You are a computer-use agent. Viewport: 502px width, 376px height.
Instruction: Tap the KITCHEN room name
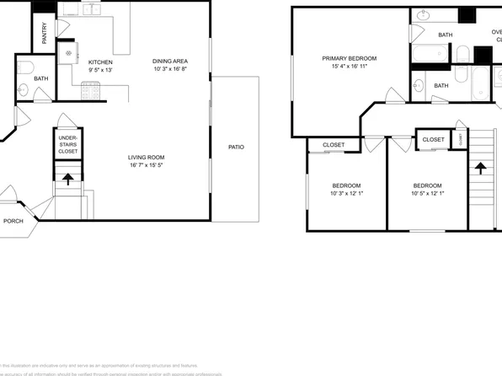tap(100, 62)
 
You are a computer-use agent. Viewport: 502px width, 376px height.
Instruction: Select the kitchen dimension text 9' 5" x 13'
tap(100, 71)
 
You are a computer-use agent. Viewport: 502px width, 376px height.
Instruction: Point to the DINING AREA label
tap(170, 61)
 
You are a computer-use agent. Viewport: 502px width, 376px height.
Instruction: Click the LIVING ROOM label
tap(146, 158)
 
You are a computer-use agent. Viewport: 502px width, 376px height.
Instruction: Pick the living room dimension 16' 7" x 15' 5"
tap(146, 166)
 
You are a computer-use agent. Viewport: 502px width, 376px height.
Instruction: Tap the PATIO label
tap(236, 148)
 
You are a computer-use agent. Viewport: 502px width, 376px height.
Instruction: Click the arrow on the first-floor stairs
tap(68, 178)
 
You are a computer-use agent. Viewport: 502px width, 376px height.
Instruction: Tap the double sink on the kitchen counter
tap(93, 10)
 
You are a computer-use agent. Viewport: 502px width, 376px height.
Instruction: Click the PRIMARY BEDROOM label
tap(349, 58)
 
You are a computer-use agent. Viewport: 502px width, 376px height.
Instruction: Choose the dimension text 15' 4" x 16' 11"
tap(349, 67)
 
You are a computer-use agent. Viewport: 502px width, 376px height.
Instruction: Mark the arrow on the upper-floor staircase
tap(483, 166)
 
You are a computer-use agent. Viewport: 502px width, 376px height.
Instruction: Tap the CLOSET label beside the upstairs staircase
tap(433, 139)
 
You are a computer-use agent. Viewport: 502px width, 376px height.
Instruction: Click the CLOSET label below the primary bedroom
tap(334, 145)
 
